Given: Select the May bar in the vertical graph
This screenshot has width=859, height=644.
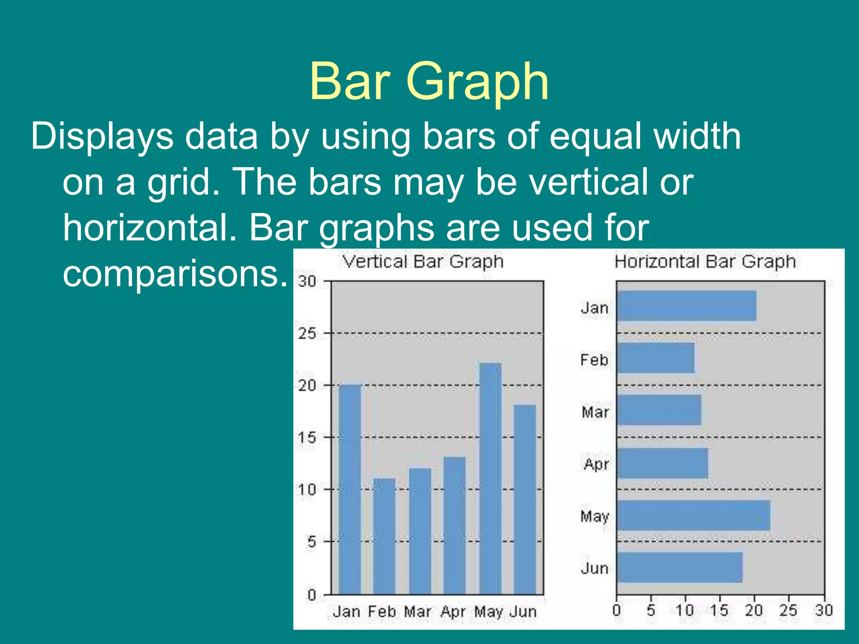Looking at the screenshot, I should (x=490, y=478).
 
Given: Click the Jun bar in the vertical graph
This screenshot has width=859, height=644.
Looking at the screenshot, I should (x=525, y=499).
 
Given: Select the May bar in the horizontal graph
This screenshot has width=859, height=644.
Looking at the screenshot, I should (x=693, y=515).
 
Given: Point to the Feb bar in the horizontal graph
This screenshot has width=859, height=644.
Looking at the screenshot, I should (x=656, y=358).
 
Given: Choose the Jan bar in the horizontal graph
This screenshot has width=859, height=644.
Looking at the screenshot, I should (x=687, y=306).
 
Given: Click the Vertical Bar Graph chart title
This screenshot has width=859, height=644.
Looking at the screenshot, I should (x=423, y=262).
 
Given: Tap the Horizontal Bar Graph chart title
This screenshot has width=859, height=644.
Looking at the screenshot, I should (x=705, y=262).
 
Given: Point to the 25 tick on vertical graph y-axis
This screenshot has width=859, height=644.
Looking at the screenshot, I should (x=307, y=334).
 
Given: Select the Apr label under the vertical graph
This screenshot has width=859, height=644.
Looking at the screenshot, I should (x=453, y=612).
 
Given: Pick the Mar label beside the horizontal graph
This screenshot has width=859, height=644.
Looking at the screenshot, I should (x=595, y=412).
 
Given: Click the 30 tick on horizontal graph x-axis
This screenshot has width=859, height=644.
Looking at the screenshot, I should (x=823, y=610).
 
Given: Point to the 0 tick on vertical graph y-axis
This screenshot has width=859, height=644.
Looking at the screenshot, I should (x=312, y=595).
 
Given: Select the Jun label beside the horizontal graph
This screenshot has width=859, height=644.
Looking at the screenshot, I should (x=594, y=568).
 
